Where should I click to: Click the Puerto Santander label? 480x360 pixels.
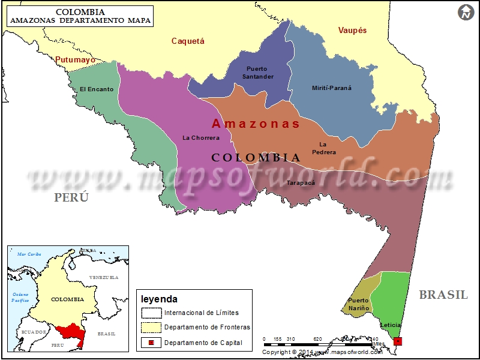click(258, 73)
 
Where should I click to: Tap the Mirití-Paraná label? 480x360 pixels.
click(332, 88)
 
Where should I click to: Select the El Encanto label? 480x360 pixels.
click(97, 89)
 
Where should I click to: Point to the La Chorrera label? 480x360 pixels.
click(201, 138)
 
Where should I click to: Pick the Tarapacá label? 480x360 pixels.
click(301, 182)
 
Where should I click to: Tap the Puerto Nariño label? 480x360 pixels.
click(358, 304)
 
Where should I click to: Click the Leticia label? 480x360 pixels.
click(391, 325)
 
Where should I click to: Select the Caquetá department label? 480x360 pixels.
click(188, 41)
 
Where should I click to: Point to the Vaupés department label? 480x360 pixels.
click(352, 30)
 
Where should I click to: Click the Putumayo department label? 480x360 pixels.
click(76, 60)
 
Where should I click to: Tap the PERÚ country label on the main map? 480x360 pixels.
click(71, 197)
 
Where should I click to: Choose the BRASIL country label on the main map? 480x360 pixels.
click(443, 295)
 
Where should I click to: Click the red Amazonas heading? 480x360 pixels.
click(256, 124)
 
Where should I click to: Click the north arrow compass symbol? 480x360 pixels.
click(466, 12)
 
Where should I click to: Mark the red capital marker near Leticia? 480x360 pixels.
click(398, 341)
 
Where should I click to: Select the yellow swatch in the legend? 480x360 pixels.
click(151, 327)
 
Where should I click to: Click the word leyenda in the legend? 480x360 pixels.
click(159, 299)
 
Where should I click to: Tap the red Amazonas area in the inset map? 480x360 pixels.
click(69, 332)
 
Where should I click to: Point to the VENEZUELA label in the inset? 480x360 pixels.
click(103, 278)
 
